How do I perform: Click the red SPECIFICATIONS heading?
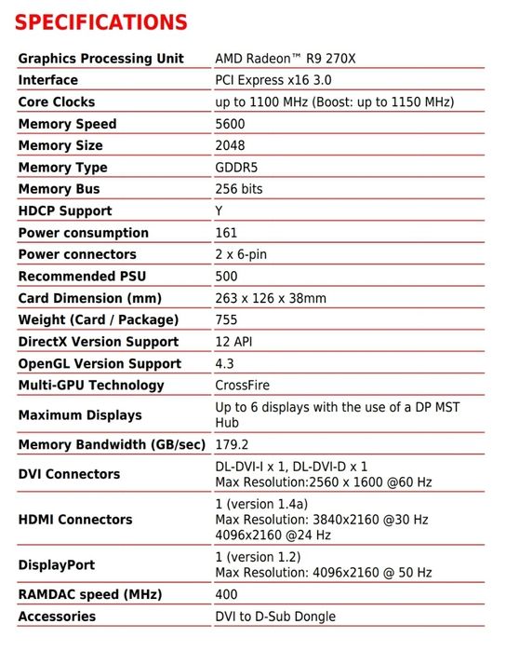click(102, 21)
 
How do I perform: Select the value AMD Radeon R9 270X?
click(286, 59)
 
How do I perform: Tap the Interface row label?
click(48, 80)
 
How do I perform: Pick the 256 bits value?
click(239, 189)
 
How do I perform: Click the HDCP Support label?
click(65, 211)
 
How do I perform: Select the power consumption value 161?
click(226, 233)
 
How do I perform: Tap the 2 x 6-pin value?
click(242, 254)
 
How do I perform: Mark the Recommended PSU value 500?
click(226, 277)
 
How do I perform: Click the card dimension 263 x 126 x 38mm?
click(271, 298)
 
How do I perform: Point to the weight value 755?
click(226, 319)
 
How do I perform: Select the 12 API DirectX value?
click(234, 342)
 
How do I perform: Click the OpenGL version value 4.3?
click(224, 363)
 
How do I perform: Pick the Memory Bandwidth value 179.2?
click(232, 445)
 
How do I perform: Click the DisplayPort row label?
click(57, 564)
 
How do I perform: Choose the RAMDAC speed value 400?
click(226, 594)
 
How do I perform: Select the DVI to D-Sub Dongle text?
click(275, 617)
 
